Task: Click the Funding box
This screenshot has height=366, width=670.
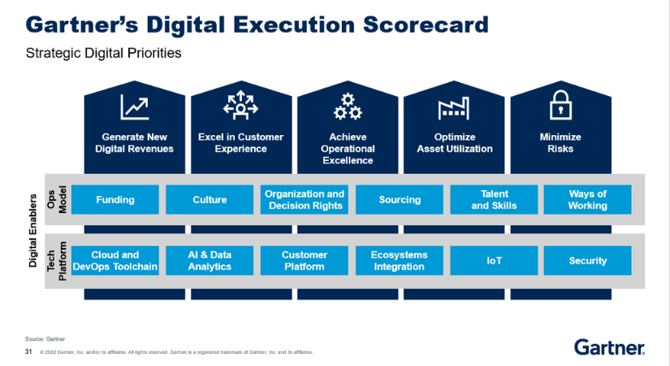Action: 115,200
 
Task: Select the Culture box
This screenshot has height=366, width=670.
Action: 210,200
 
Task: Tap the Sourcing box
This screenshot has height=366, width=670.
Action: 400,200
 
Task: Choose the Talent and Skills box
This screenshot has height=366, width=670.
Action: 494,200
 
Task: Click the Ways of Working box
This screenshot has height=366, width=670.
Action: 587,200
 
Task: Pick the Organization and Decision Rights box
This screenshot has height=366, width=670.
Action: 305,200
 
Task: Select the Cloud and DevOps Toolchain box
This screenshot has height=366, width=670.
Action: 115,261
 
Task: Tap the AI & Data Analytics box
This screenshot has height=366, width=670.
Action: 210,261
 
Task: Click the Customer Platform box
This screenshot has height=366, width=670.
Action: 305,261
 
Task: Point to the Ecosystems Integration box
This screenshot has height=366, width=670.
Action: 400,261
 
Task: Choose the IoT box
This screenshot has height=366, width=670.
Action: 494,261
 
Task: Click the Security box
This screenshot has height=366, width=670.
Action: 587,261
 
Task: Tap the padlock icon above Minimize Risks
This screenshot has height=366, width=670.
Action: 561,106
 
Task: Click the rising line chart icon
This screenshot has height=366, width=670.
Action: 136,107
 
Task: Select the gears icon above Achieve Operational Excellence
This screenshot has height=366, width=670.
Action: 348,107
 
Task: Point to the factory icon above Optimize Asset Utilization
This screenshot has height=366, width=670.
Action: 455,107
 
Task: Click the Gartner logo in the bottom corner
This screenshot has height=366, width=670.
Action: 610,347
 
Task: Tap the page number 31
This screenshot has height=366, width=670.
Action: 28,352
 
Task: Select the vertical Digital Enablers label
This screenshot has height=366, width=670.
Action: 34,230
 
